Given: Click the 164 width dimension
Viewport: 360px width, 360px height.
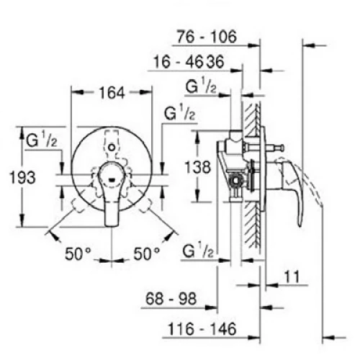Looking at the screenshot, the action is coord(112,93).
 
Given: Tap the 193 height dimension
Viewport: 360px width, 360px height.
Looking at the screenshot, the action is coord(22,178).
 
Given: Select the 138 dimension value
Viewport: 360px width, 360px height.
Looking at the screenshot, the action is coord(198,167).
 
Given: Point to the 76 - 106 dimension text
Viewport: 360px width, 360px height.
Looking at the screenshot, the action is coord(207,37).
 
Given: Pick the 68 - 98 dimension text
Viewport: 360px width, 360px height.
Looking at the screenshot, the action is coord(171,299).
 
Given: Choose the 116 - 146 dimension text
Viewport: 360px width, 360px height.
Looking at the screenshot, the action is coord(202,329).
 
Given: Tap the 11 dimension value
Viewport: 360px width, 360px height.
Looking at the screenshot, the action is coord(292,276).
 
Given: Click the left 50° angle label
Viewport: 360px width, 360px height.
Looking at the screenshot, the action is coord(78,253).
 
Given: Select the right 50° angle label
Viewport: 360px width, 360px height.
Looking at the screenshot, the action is coord(146,253).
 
